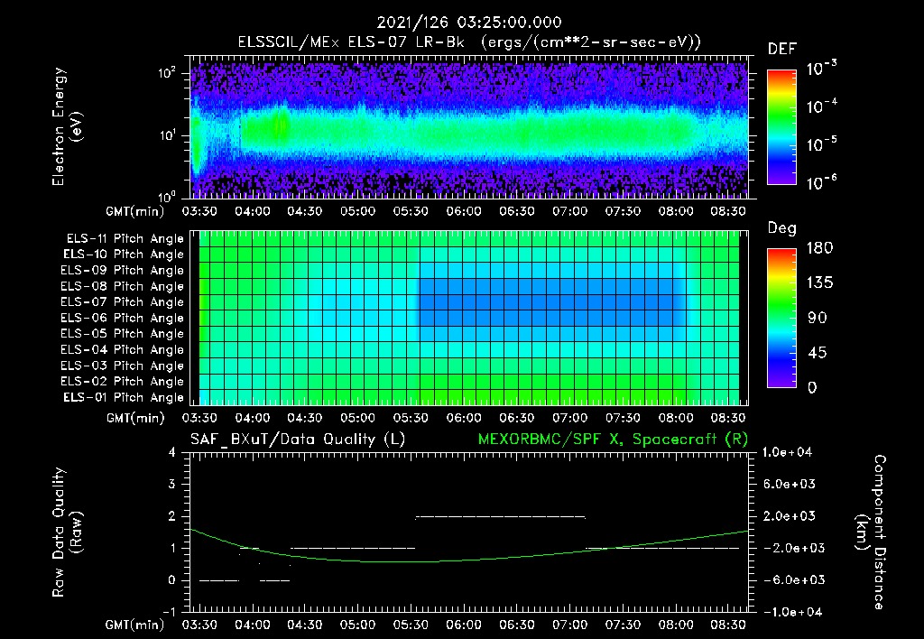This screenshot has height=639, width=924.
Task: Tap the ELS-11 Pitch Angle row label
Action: (125, 238)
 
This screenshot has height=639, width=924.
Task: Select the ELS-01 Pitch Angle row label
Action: (125, 397)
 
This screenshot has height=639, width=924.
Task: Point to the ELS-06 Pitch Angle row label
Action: (125, 318)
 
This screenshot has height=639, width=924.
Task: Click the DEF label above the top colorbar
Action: (781, 50)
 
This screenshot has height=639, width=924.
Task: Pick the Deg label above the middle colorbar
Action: (781, 228)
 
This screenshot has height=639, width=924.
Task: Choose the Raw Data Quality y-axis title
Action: (68, 532)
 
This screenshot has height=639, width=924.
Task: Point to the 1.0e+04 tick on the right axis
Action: (790, 452)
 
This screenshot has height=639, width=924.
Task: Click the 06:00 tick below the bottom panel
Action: (463, 625)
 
